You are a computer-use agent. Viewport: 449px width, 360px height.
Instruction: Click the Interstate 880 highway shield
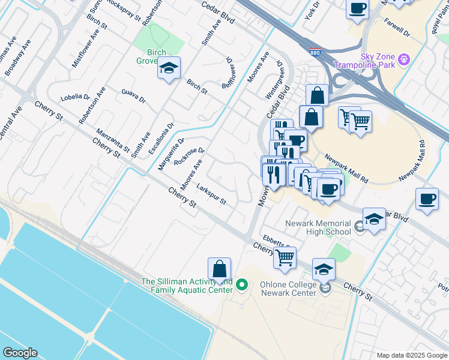point(315,52)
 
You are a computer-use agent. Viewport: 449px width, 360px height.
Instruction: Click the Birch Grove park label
point(151,56)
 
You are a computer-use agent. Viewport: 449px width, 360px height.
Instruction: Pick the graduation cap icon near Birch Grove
point(169,69)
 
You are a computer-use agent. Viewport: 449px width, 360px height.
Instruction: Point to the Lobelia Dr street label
point(74,97)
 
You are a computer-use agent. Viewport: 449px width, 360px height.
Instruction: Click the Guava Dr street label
point(133,96)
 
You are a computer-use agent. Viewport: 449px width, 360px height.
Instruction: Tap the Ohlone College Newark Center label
point(288,289)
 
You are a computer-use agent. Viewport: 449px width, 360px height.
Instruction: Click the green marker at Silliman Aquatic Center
point(242,284)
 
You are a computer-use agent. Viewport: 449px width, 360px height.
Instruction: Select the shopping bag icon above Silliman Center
point(220,269)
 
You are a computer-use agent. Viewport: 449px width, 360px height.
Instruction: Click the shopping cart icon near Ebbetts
point(285,257)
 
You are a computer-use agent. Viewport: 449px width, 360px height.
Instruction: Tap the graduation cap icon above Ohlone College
point(324,270)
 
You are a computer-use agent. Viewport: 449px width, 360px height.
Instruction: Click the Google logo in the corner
point(19,353)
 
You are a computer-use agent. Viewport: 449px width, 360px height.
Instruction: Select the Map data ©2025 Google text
point(411,355)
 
